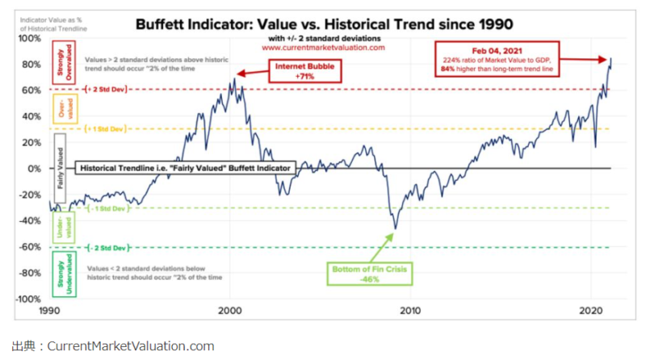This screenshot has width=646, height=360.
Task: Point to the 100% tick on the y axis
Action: point(28,38)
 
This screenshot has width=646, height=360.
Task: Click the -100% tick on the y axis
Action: point(27,299)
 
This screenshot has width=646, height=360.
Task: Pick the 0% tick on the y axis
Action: point(34,169)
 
